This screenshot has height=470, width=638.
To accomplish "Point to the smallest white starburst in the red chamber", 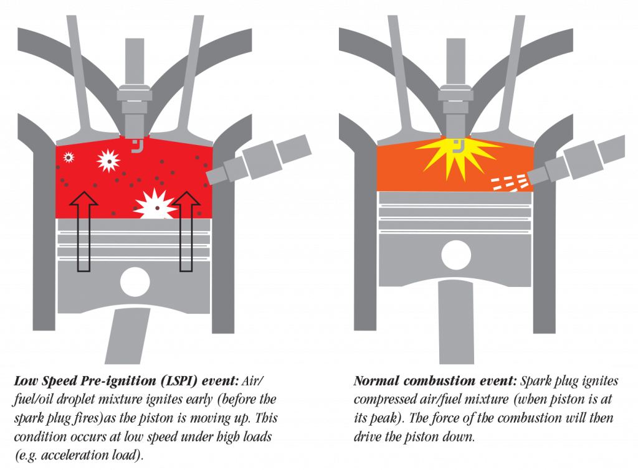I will pos(69,157).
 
